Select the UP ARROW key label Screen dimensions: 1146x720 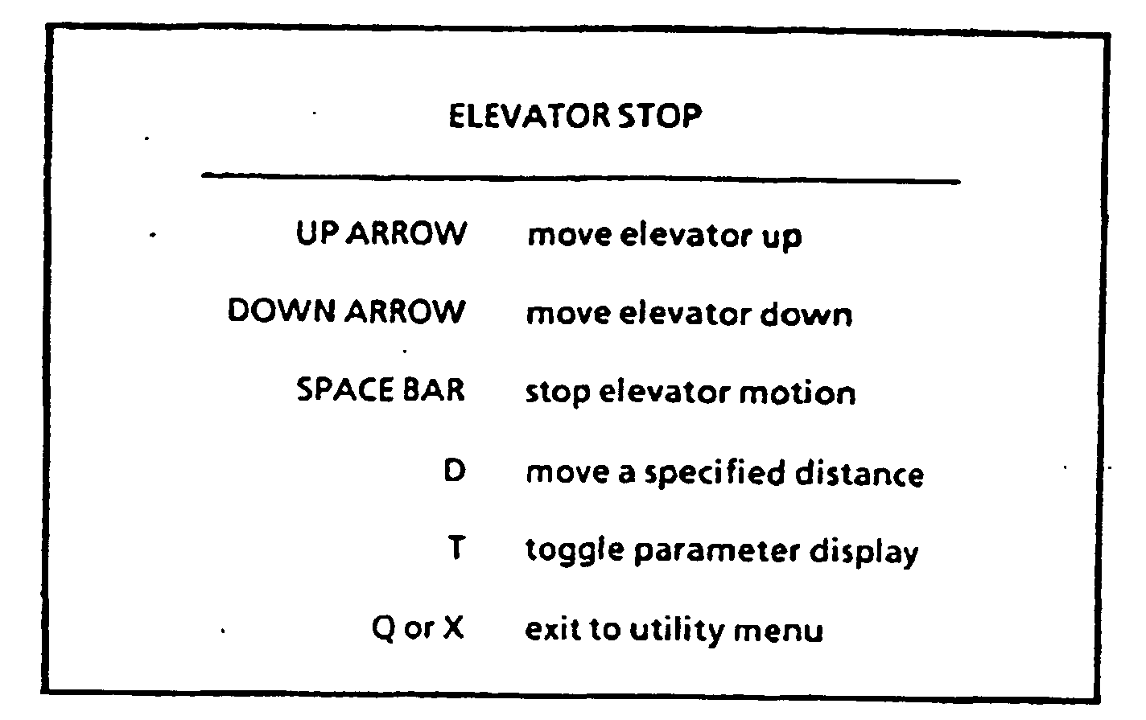[x=381, y=234]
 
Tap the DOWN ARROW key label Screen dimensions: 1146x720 [x=346, y=311]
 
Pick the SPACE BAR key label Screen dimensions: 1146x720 [x=381, y=390]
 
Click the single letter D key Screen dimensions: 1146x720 [x=455, y=471]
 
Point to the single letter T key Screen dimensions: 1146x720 [x=456, y=549]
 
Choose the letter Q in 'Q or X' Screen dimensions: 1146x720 [x=384, y=627]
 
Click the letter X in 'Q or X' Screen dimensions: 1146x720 [x=454, y=627]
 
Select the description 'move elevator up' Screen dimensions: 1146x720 [x=664, y=236]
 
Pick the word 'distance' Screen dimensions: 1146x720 [x=859, y=473]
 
